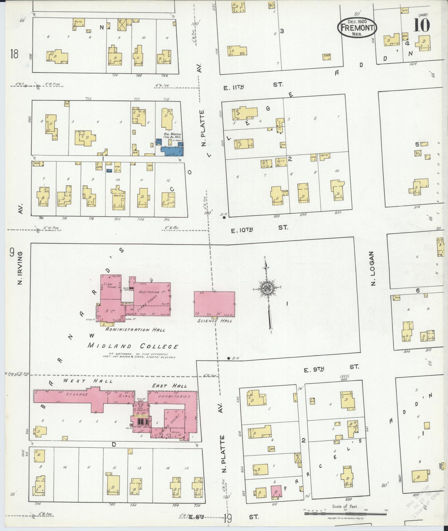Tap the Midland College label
(133, 346)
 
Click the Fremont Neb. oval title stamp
(357, 27)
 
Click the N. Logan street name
(373, 268)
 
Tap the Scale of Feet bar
(345, 514)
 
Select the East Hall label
(169, 386)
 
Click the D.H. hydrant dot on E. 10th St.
(224, 217)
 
